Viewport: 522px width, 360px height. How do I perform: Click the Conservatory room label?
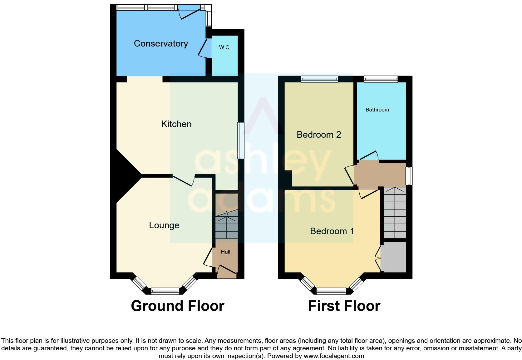click(161, 43)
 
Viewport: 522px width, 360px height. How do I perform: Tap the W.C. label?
click(225, 47)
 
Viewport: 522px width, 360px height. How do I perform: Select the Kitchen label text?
click(176, 124)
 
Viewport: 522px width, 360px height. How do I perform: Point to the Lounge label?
click(164, 225)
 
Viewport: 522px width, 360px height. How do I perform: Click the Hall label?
click(225, 252)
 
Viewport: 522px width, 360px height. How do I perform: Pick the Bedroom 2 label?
click(318, 135)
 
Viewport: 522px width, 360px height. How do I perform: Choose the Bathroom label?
click(377, 110)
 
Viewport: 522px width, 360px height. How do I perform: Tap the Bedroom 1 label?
click(332, 231)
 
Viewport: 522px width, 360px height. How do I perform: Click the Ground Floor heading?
click(177, 306)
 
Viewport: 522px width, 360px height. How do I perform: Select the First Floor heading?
click(344, 306)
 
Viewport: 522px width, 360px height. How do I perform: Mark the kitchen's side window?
click(241, 141)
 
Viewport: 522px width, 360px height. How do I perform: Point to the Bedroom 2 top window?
click(319, 79)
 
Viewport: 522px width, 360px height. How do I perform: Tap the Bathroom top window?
click(381, 79)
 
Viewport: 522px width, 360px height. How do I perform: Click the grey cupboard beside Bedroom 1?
click(393, 257)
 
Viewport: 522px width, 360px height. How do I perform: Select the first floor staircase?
click(395, 212)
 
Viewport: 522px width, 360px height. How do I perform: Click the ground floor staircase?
click(227, 224)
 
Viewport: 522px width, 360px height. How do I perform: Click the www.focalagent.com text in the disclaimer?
click(334, 356)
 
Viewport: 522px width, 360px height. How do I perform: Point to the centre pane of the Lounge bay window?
click(165, 292)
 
